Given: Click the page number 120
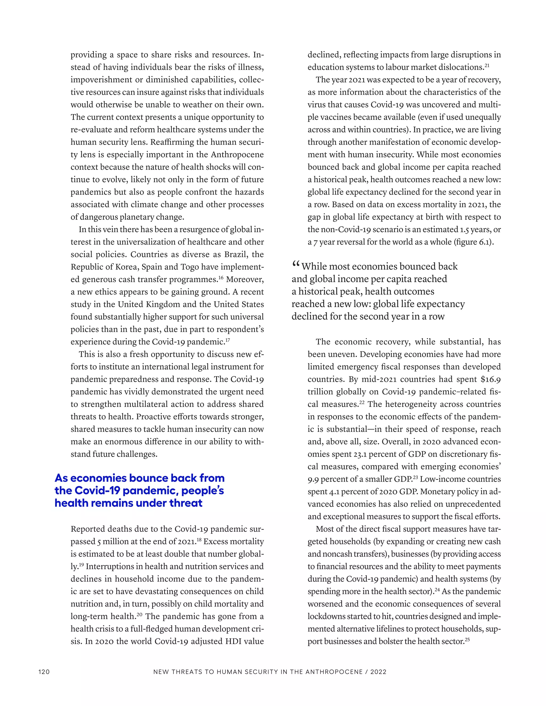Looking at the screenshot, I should pos(44,672).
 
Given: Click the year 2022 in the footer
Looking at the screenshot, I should pos(379,672).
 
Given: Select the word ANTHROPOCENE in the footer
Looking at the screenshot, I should pos(334,672).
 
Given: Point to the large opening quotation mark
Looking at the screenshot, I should pos(296,265).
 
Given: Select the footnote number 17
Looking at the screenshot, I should pos(228,339).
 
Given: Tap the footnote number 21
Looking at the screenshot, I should pos(487,65).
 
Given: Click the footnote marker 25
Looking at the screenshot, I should pos(467,639).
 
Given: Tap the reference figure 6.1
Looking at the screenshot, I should pos(485,242).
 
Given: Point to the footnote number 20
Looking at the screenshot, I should pos(139,614).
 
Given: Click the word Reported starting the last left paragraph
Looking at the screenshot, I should pos(88,529).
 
